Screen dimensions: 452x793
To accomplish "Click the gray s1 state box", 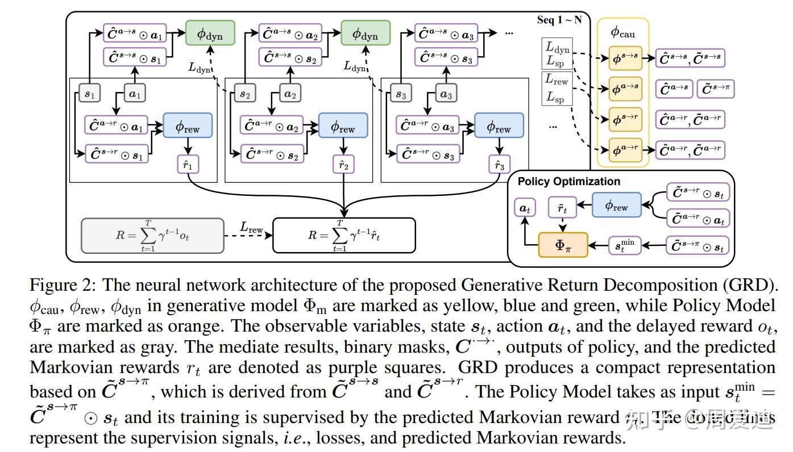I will click(89, 93).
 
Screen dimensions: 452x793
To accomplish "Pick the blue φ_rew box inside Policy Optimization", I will click(616, 205).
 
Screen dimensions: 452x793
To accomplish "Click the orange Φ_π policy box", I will click(563, 245).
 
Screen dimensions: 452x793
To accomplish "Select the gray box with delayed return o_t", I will click(152, 235).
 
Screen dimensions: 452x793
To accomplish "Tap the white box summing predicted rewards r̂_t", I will click(344, 235).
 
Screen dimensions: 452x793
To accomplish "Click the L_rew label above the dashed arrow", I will click(251, 227).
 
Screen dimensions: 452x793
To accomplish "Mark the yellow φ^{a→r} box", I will click(625, 150).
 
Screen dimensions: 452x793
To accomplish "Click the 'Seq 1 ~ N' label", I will click(559, 20).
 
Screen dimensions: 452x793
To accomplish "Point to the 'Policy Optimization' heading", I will click(568, 182).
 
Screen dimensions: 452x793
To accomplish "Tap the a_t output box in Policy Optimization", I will click(524, 208).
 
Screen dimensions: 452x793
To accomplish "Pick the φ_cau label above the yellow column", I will click(622, 32).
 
